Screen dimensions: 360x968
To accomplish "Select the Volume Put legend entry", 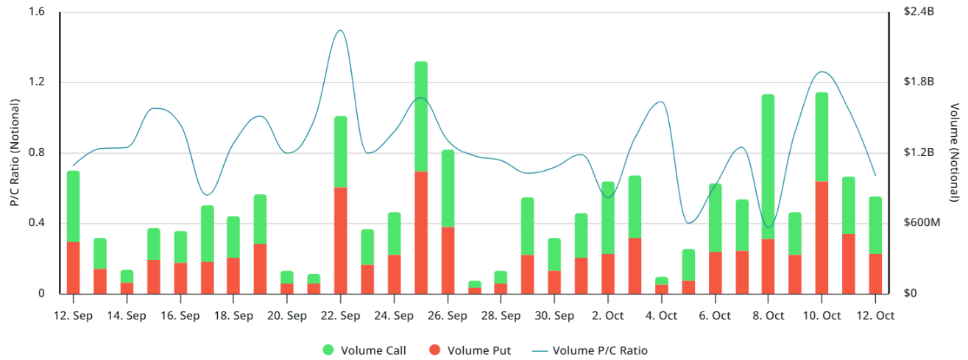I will click(x=478, y=350).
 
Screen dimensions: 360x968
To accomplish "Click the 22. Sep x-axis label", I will click(x=340, y=316).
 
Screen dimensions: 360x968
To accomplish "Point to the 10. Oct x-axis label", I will click(x=822, y=316).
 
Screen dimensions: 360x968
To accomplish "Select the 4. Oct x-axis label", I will click(x=661, y=316).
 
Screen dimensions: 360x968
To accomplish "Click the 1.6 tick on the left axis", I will click(x=37, y=12).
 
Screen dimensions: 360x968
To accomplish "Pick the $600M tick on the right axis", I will click(x=922, y=223).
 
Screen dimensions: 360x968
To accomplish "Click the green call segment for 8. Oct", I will click(x=768, y=166).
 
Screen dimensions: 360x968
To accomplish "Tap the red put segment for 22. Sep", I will click(x=340, y=240).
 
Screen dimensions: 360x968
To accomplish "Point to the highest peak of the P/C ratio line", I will click(x=340, y=31).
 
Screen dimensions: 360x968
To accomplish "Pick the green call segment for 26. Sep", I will click(x=448, y=188).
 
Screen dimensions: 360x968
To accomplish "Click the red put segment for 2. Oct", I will click(x=607, y=273).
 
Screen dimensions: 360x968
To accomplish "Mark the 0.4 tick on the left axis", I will click(x=37, y=223).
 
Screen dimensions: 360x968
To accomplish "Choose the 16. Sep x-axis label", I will click(x=180, y=316).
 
